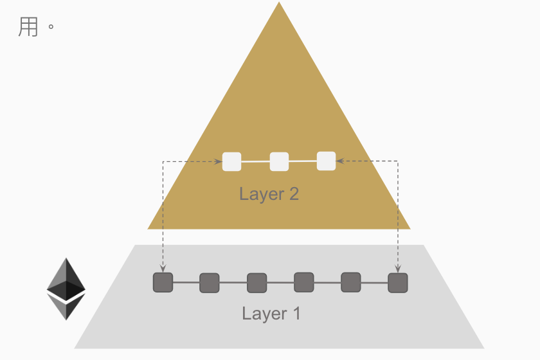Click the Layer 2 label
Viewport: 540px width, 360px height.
pos(269,194)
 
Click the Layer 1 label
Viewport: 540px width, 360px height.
pos(271,314)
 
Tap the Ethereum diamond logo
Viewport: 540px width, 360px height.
pos(66,289)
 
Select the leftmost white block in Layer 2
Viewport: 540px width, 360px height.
pos(231,161)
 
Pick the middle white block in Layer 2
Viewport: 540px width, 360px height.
pos(279,161)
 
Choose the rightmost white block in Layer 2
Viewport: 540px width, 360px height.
pos(327,161)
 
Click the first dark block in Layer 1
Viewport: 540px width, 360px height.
pos(163,282)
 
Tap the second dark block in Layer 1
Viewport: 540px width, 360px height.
pos(210,282)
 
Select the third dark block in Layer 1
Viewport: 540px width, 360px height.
pos(256,283)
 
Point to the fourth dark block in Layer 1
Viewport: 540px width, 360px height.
pos(303,282)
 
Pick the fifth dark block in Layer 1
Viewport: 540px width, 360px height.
pos(350,282)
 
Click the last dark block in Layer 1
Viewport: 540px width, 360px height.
pos(398,283)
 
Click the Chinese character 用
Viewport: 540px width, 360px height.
pos(28,28)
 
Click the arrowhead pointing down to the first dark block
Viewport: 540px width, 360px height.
pos(163,268)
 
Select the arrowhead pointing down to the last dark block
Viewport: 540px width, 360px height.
pos(398,268)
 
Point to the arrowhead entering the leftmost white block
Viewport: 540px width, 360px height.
pos(218,161)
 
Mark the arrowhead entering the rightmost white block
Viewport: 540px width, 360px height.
pos(340,161)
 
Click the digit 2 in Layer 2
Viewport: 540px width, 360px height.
pos(293,194)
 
